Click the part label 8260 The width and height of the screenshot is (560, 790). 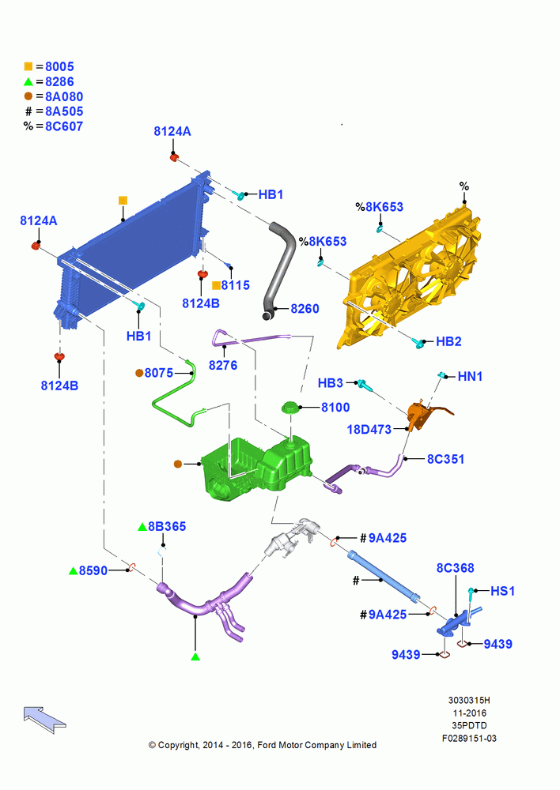click(305, 308)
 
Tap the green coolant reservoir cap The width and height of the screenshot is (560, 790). click(290, 407)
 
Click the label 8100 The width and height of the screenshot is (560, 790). click(335, 407)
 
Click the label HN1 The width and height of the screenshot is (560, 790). click(470, 376)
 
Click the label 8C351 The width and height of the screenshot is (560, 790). click(445, 459)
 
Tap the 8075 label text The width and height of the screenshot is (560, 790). click(159, 373)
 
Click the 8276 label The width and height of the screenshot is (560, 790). click(223, 365)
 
